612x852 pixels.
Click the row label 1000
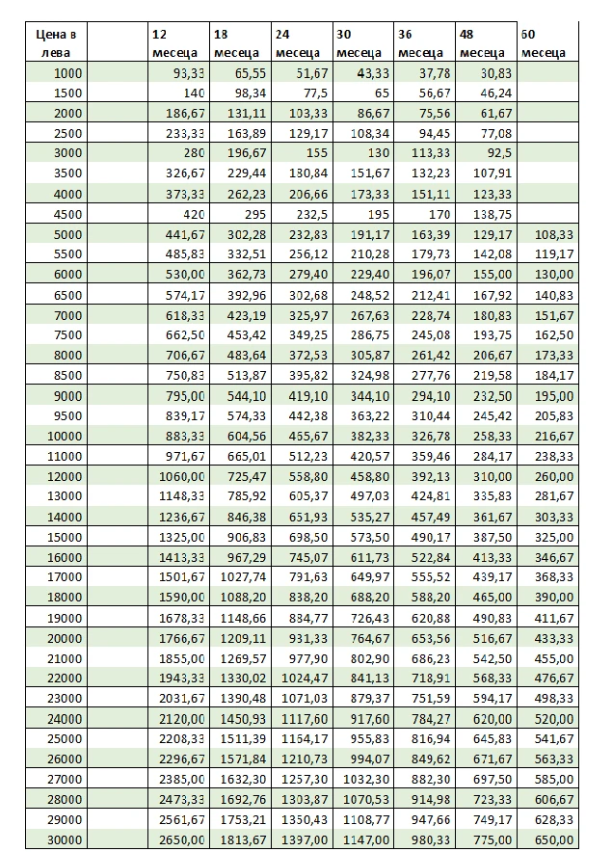(68, 73)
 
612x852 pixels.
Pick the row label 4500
(68, 214)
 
